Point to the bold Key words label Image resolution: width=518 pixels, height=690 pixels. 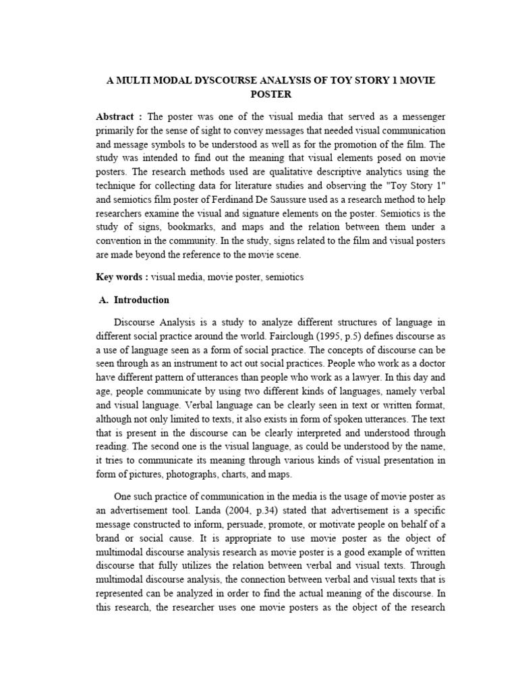(x=121, y=277)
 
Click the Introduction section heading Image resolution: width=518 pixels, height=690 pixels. (x=142, y=300)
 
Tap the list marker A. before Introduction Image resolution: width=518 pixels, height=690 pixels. (x=104, y=300)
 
